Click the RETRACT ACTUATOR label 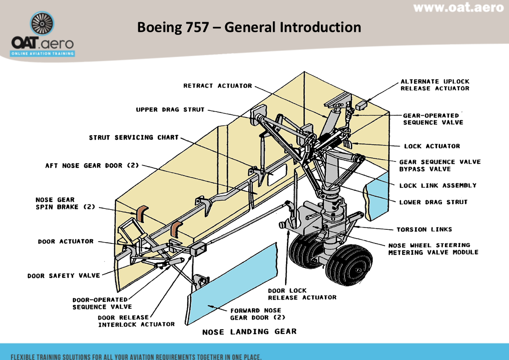[x=217, y=86]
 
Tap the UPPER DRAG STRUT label [x=170, y=110]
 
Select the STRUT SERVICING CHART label [x=134, y=137]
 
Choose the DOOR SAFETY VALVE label [x=63, y=276]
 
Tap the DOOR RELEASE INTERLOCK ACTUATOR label [x=136, y=321]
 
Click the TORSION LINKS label [x=424, y=229]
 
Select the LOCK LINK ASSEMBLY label [x=437, y=185]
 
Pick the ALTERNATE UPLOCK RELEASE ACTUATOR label [x=435, y=85]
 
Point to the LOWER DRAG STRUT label [x=433, y=202]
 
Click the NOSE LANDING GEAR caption [x=249, y=332]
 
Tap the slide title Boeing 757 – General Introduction [x=249, y=27]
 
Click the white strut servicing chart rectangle [x=276, y=176]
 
